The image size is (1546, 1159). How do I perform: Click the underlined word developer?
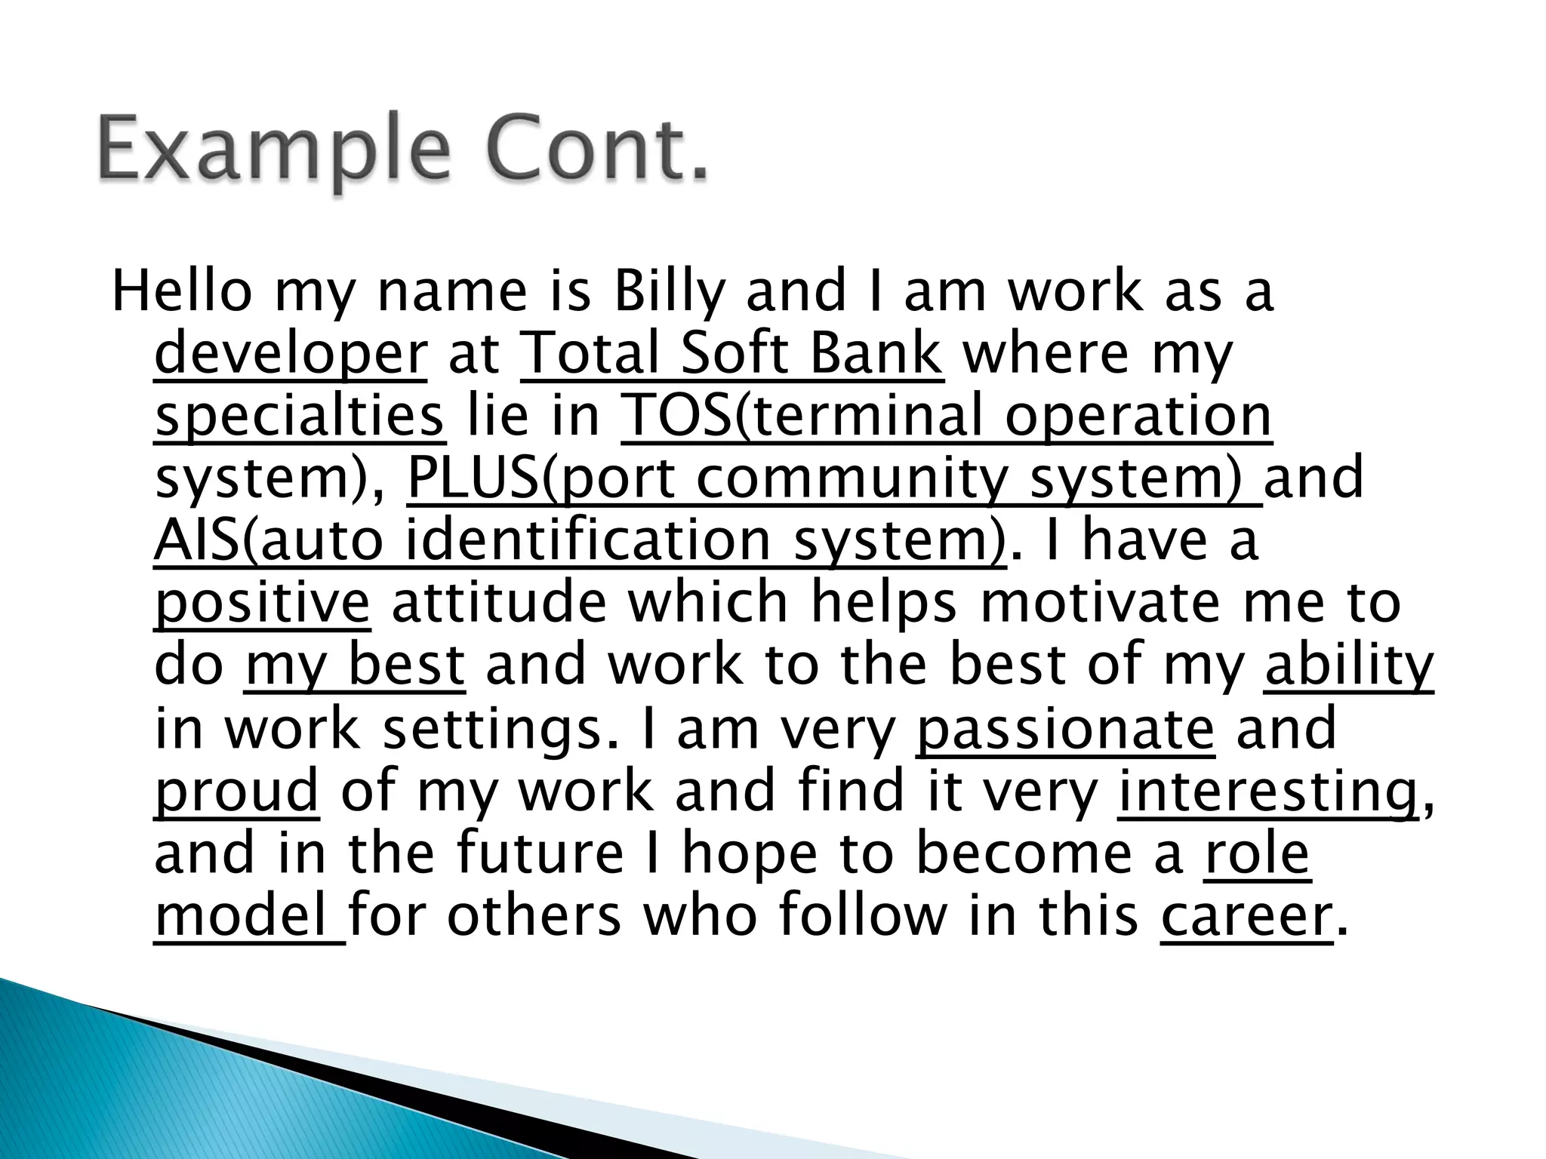click(x=291, y=354)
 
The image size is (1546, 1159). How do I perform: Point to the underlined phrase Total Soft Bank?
click(x=731, y=354)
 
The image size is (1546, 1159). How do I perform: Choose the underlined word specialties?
click(x=300, y=417)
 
